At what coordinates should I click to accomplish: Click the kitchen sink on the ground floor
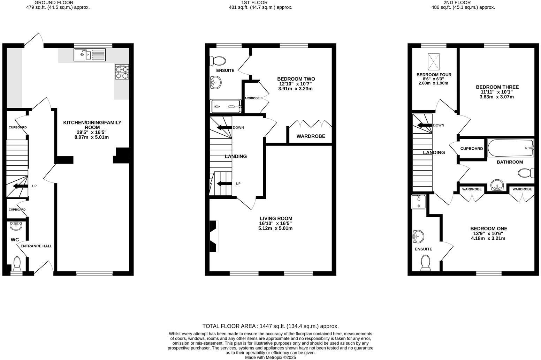[x=90, y=55]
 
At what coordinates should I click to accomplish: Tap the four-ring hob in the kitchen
[x=122, y=72]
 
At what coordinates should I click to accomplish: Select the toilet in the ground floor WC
[x=17, y=264]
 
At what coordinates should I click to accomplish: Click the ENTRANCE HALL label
[x=36, y=246]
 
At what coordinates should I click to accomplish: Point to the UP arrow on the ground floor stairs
[x=21, y=186]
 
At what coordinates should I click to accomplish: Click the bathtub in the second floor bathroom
[x=510, y=148]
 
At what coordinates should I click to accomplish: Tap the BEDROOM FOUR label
[x=434, y=75]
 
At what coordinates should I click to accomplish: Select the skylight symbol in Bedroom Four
[x=434, y=62]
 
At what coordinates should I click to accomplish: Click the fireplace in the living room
[x=213, y=236]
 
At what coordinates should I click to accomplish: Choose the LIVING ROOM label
[x=276, y=218]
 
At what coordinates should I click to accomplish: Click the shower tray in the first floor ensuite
[x=226, y=106]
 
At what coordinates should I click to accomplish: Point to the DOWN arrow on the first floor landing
[x=224, y=128]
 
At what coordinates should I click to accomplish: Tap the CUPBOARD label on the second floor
[x=471, y=149]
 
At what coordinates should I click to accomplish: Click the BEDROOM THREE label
[x=497, y=87]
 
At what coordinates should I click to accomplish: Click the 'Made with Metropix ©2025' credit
[x=270, y=357]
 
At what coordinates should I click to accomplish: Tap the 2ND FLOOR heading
[x=458, y=2]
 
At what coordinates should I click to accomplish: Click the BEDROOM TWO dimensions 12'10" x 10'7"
[x=295, y=84]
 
